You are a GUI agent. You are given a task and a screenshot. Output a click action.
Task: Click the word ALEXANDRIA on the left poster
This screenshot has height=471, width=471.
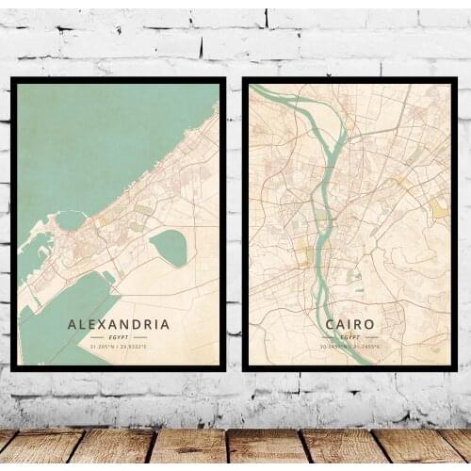tap(119, 324)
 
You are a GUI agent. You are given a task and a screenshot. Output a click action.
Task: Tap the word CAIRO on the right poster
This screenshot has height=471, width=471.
tap(349, 324)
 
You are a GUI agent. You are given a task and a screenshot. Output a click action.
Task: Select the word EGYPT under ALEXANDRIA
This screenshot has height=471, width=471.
tap(119, 337)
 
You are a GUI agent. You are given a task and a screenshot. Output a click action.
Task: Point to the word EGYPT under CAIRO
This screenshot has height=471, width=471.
tap(349, 336)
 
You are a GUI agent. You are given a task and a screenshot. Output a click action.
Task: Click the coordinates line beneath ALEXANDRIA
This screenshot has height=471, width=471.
tap(119, 347)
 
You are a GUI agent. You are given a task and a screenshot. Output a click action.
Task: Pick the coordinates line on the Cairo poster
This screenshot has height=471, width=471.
tap(349, 346)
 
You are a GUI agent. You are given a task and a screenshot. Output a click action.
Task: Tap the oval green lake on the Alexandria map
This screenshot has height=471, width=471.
tap(169, 247)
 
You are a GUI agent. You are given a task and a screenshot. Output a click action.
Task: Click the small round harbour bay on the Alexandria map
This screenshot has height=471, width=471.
tap(70, 220)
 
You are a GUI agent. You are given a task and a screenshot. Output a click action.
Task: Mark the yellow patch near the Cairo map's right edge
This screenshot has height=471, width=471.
tap(439, 209)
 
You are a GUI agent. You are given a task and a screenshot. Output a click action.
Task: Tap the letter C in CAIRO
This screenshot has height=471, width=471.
tap(330, 324)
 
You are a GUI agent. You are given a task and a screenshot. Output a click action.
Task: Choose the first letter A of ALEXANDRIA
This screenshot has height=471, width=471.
tap(73, 324)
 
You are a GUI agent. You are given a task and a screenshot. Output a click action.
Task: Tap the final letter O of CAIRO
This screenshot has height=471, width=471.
tap(369, 324)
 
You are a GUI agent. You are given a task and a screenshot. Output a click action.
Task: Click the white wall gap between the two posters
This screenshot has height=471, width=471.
tap(235, 226)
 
